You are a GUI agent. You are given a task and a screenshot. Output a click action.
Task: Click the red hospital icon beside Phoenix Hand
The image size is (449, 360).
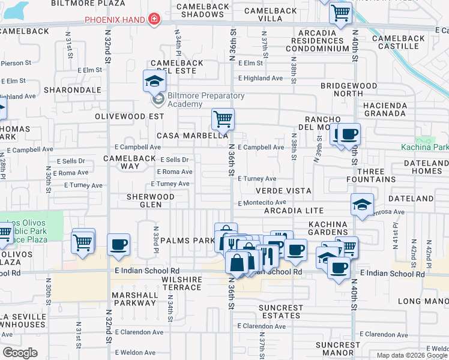click(x=154, y=19)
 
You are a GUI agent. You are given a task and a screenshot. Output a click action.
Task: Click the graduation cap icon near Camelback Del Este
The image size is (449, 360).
click(x=154, y=80)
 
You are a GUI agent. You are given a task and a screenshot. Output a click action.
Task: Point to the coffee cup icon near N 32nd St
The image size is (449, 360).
click(x=118, y=245)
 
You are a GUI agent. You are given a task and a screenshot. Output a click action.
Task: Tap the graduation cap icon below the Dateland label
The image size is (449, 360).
click(x=362, y=205)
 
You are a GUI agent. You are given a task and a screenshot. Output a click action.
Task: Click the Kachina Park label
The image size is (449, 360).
click(x=424, y=147)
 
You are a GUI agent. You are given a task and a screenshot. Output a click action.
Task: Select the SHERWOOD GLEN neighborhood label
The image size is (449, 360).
click(x=150, y=200)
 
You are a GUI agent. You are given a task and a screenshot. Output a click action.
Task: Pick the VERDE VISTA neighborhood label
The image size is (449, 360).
click(x=275, y=190)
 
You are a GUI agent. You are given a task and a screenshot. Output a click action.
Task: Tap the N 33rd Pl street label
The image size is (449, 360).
click(x=155, y=236)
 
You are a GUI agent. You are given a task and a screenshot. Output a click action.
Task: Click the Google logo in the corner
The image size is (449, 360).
click(x=20, y=353)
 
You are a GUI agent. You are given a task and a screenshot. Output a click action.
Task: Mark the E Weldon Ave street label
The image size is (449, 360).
click(x=135, y=353)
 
